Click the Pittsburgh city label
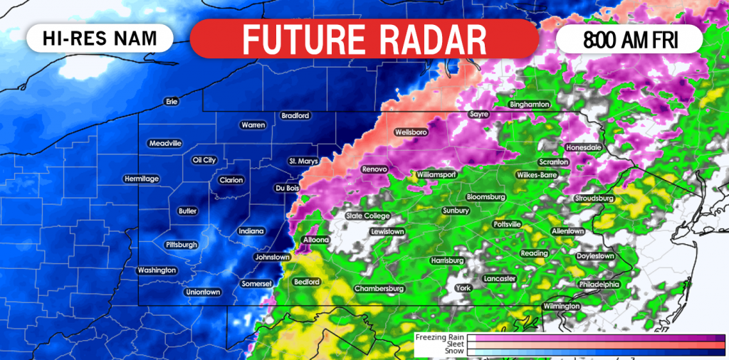point(181,245)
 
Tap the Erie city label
point(171,102)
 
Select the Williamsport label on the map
point(436,174)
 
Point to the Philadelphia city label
point(599,284)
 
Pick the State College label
point(367,216)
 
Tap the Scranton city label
point(553,162)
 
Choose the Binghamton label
point(530,105)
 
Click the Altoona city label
point(315,240)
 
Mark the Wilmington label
point(562,306)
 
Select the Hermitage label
point(141,179)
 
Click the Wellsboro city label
point(411,132)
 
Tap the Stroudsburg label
point(594,198)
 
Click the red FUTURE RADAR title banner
point(364,38)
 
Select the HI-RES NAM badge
point(100,38)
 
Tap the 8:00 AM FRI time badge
point(629,39)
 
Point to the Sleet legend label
point(455,344)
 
